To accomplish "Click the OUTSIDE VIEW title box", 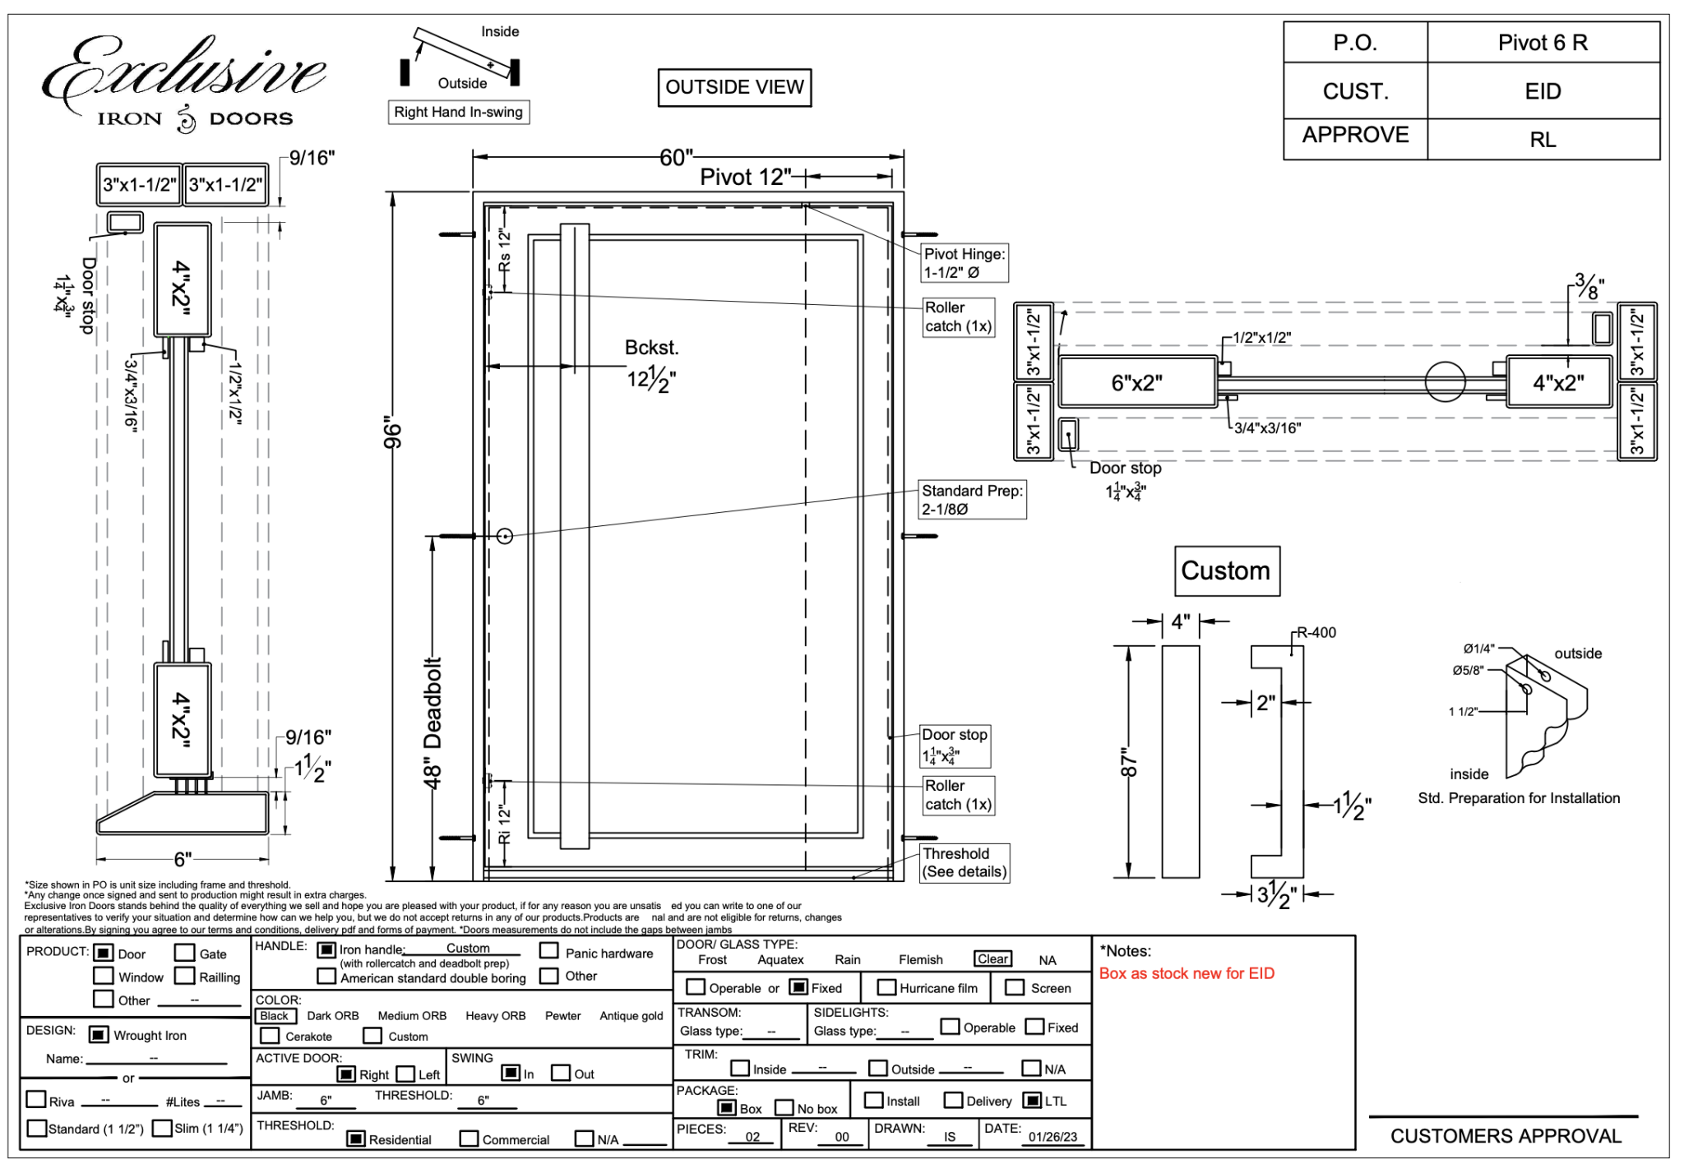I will (x=734, y=87).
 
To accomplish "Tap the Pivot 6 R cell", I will (x=1543, y=43).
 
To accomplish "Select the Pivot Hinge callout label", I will (x=965, y=263).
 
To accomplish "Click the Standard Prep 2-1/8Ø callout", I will (x=972, y=500).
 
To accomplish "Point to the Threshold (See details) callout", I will (x=964, y=862).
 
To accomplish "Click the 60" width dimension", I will (x=676, y=157).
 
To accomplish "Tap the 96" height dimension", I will (x=393, y=436).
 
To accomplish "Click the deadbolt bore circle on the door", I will (x=505, y=536).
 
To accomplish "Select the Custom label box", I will (x=1226, y=570).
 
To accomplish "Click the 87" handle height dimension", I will (x=1130, y=762).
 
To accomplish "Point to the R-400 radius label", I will (x=1316, y=632).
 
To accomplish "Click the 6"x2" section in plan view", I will (x=1137, y=382).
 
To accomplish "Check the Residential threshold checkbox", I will (x=356, y=1138).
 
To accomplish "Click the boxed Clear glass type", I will (x=992, y=959).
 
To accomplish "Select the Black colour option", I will (x=274, y=1016).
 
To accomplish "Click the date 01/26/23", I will (x=1052, y=1137).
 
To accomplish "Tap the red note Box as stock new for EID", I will (x=1187, y=973).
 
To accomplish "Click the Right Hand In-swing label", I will (x=458, y=112).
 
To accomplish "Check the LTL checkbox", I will (x=1033, y=1100).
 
